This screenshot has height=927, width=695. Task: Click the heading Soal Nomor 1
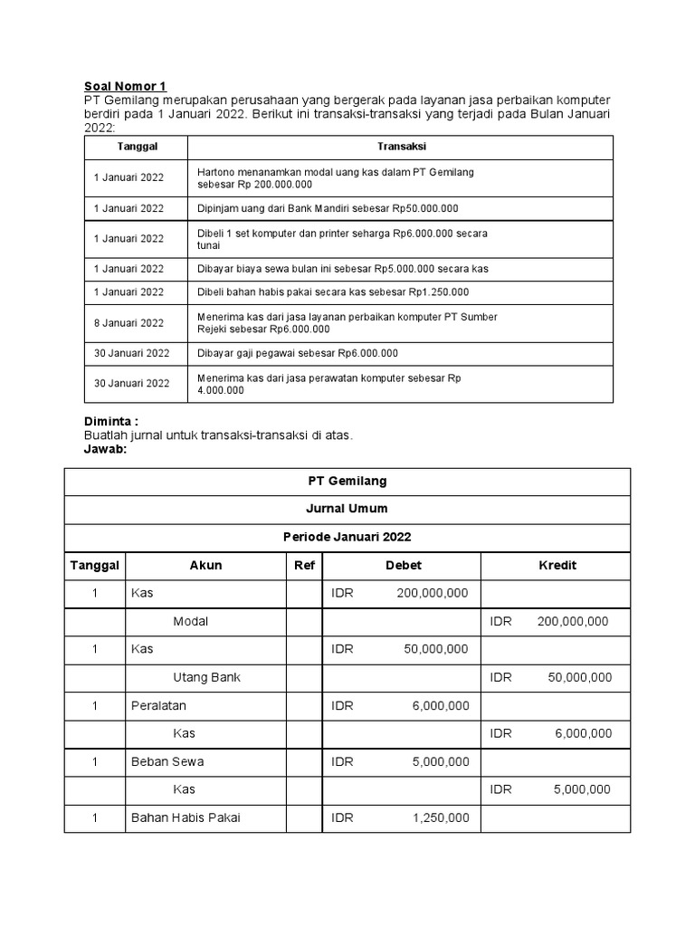coord(126,86)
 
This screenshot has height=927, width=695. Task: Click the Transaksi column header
coord(401,146)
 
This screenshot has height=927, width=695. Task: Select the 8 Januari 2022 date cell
coord(129,323)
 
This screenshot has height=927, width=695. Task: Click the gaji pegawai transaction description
coord(298,353)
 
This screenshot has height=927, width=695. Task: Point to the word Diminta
coord(111,422)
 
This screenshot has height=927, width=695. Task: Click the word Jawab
coord(107,449)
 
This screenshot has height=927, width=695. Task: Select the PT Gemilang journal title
coord(347,482)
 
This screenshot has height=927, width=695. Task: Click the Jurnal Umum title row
coord(347,510)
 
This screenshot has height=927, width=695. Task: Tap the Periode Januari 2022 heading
coord(347,537)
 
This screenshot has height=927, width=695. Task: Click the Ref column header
coord(304,565)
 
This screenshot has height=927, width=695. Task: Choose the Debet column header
coord(403,565)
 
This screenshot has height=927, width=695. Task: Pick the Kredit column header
coord(557,565)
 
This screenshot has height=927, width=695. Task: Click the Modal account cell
coord(190,621)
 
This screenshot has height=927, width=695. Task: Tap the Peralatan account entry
coord(158,705)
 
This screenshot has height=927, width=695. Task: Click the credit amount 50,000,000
coord(579,677)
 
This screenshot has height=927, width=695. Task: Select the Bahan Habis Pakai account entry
coord(186,817)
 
